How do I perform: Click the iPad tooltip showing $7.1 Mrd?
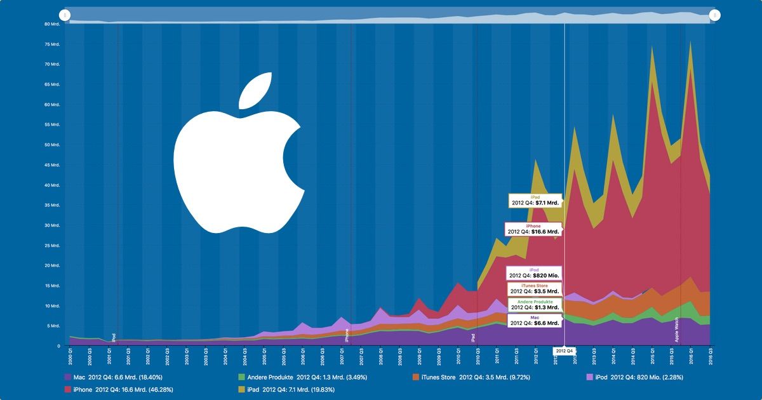click(x=535, y=201)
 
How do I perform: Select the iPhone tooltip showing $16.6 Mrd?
click(x=533, y=229)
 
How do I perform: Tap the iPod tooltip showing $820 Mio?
click(x=533, y=273)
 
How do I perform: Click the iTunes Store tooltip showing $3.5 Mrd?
click(x=533, y=290)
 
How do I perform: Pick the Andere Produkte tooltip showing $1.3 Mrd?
click(x=535, y=305)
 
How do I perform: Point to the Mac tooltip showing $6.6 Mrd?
click(x=535, y=320)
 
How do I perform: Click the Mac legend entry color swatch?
click(x=69, y=378)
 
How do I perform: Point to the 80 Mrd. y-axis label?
click(x=52, y=24)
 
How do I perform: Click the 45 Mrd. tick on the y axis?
click(x=52, y=165)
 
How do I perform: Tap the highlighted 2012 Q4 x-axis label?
click(x=564, y=350)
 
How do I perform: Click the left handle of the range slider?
click(x=65, y=15)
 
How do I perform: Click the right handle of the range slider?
click(x=714, y=15)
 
